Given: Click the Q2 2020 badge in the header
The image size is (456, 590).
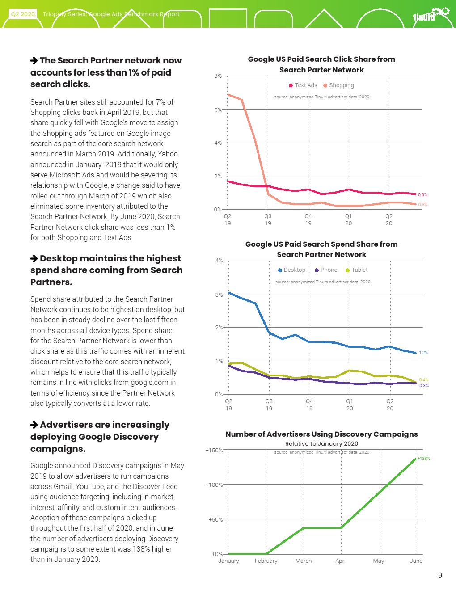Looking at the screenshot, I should (23, 14).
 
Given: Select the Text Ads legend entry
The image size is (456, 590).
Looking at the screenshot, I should (303, 85).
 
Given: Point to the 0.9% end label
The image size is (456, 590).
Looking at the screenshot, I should (422, 194).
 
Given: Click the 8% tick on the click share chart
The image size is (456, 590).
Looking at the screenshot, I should (217, 76).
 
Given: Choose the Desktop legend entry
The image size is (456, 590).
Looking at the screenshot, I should (291, 270).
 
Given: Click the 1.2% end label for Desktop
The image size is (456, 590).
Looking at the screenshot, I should (423, 353).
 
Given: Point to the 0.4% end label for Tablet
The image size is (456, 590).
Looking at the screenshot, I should (423, 380).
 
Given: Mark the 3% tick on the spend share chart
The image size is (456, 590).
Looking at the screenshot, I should (219, 295).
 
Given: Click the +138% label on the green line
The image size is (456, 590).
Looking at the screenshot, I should (423, 459).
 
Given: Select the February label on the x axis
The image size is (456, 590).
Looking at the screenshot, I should (266, 561).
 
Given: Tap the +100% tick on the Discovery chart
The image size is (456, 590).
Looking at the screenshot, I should (214, 485).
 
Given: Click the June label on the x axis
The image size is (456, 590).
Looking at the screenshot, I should (416, 561).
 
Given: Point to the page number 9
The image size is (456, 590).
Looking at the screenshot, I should (440, 576).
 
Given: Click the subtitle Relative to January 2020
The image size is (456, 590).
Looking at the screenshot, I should (321, 444).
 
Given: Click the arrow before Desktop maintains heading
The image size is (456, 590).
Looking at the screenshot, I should (34, 258).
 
